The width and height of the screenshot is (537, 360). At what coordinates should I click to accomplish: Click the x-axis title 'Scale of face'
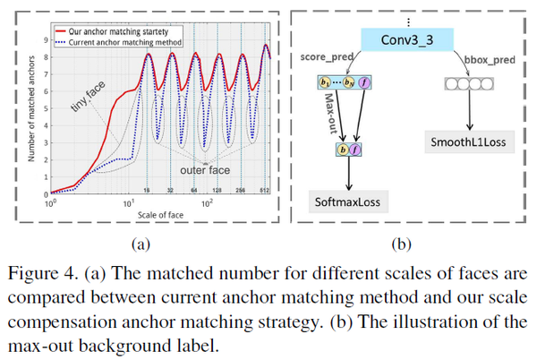coord(160,215)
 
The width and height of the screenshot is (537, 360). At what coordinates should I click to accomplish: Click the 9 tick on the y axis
coord(45,39)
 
